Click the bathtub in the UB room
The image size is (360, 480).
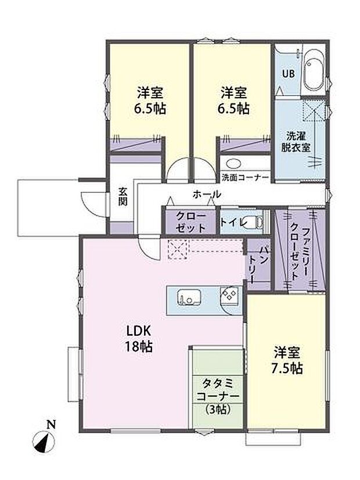click(314, 71)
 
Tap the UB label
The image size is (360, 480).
click(287, 74)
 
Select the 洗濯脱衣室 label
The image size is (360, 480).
click(299, 141)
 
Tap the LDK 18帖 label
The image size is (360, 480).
click(140, 338)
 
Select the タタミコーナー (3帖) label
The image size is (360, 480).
click(217, 395)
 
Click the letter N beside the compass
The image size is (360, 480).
click(51, 425)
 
